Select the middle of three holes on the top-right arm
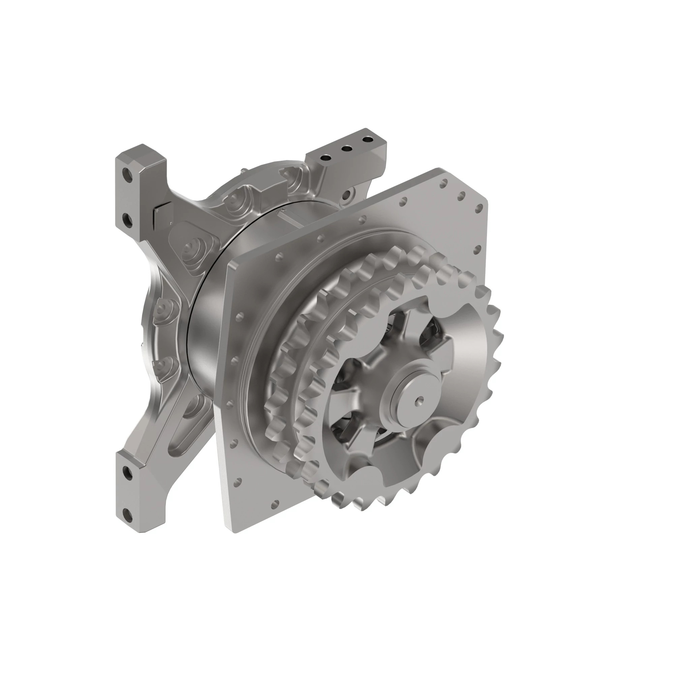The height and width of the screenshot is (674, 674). pyautogui.click(x=346, y=149)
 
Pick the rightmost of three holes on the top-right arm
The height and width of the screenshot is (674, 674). pyautogui.click(x=367, y=140)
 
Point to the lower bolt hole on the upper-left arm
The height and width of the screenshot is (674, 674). pyautogui.click(x=127, y=220)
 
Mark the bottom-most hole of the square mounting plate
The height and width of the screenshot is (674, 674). pyautogui.click(x=276, y=503)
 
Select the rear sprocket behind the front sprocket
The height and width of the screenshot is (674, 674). pyautogui.click(x=297, y=349)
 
